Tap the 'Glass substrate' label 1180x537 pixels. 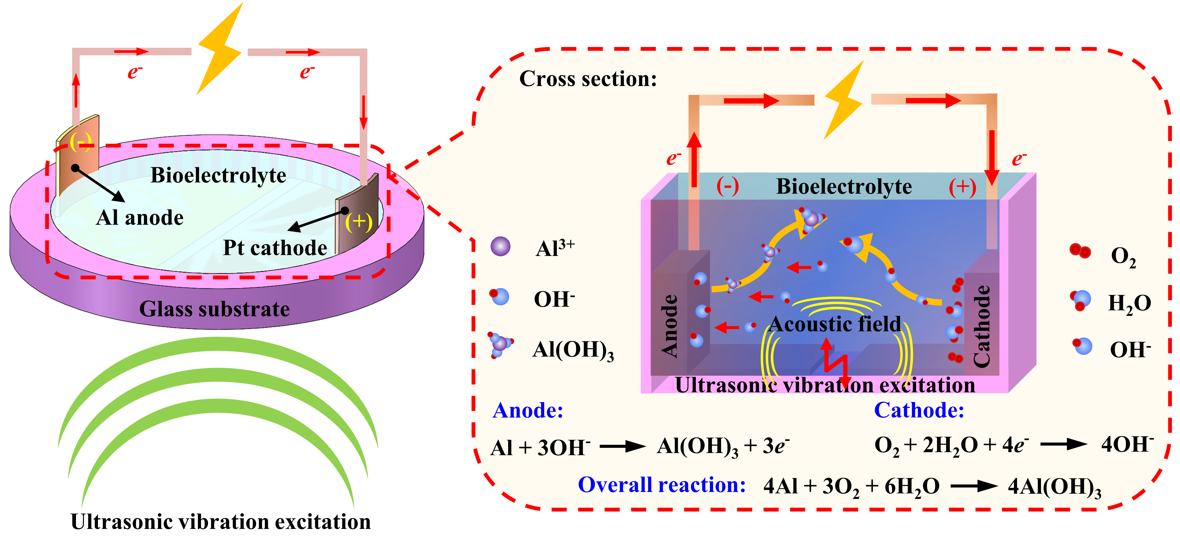pyautogui.click(x=214, y=309)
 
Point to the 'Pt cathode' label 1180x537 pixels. pyautogui.click(x=275, y=248)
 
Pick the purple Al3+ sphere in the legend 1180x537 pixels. pyautogui.click(x=500, y=246)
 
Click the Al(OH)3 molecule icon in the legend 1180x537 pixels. pyautogui.click(x=500, y=344)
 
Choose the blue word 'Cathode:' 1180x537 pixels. pyautogui.click(x=919, y=410)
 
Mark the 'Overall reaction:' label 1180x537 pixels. pyautogui.click(x=662, y=485)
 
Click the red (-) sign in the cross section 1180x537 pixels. pyautogui.click(x=727, y=187)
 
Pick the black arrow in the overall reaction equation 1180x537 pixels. pyautogui.click(x=974, y=486)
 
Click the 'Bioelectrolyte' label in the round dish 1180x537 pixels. pyautogui.click(x=218, y=175)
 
